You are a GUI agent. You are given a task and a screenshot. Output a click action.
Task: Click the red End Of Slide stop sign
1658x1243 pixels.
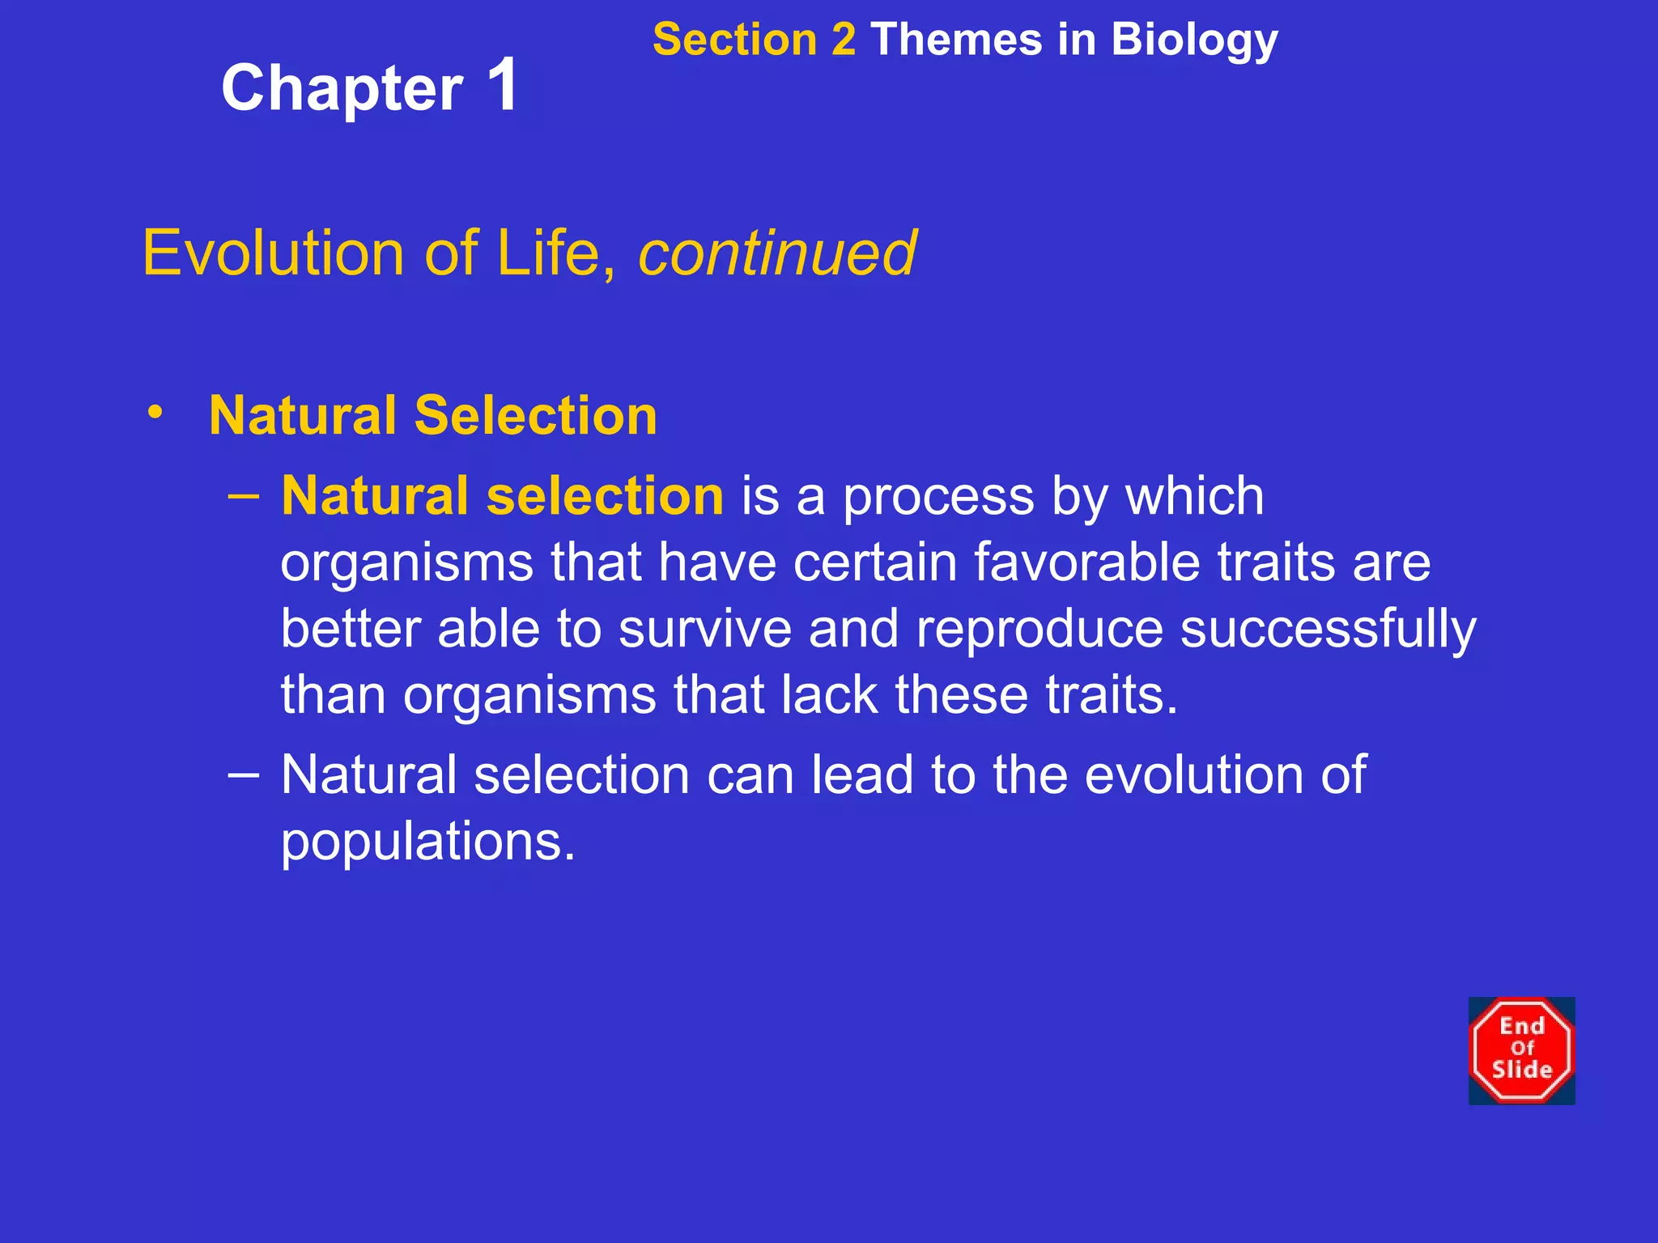(1521, 1050)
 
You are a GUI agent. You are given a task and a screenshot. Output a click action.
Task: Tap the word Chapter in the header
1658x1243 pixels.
(342, 89)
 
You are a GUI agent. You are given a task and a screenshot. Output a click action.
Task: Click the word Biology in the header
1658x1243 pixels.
(1194, 40)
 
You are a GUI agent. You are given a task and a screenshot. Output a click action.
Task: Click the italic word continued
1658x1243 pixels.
(777, 252)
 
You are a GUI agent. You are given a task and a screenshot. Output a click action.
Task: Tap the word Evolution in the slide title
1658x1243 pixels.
(273, 252)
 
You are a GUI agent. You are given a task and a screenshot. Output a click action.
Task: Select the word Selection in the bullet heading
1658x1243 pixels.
(535, 415)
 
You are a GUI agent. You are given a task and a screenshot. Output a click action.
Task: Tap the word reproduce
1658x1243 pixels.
(1039, 629)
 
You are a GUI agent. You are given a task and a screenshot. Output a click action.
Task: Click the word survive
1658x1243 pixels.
(705, 629)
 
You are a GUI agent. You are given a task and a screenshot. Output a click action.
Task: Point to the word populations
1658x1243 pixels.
(427, 842)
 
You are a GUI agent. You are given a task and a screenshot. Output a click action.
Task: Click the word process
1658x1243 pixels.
(938, 497)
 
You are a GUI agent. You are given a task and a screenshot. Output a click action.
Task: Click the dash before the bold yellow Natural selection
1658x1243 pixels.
(244, 494)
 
